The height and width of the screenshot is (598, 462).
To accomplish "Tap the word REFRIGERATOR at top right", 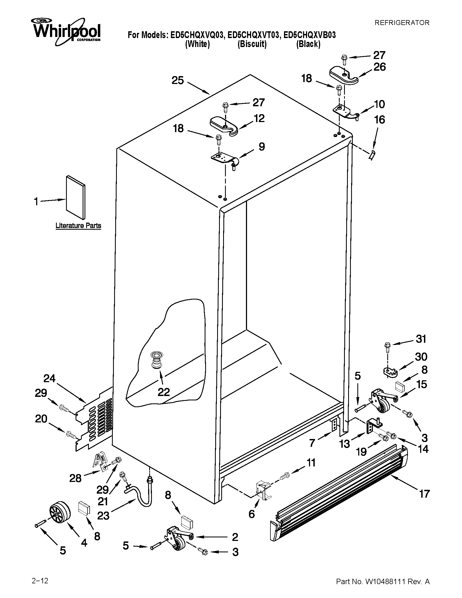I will point(402,23).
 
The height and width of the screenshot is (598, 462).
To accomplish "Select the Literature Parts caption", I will point(78,226).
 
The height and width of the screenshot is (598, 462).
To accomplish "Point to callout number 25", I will point(178,80).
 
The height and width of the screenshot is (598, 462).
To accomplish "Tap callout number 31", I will point(421,339).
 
